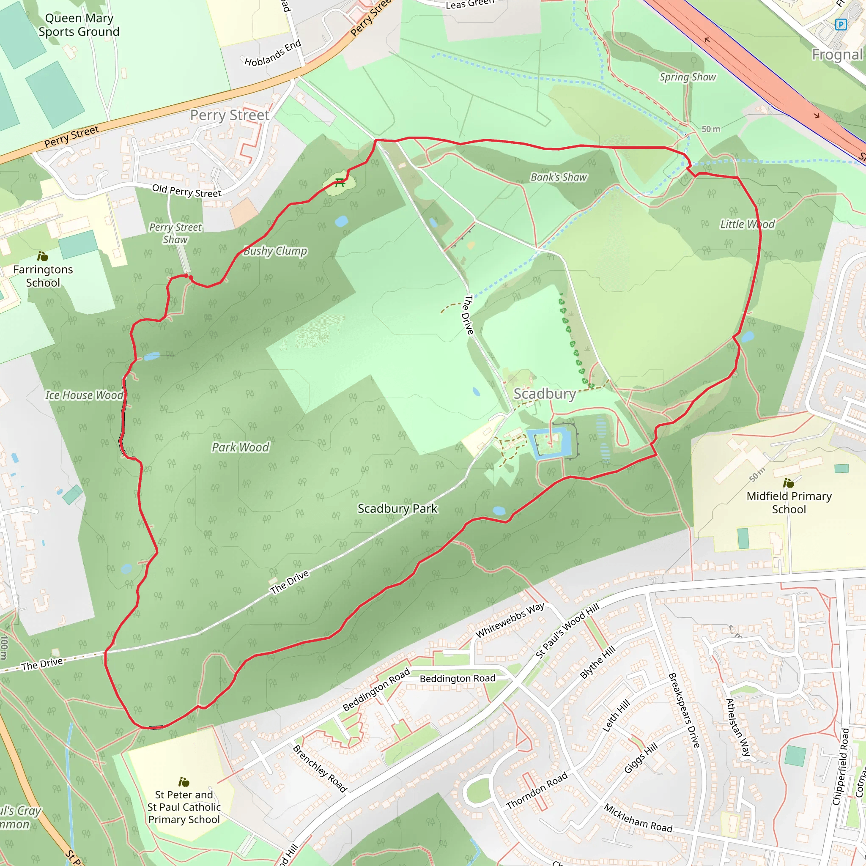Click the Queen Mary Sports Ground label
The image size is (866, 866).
click(x=79, y=25)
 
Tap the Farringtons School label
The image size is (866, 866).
click(x=43, y=276)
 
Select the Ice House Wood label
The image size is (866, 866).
click(x=84, y=395)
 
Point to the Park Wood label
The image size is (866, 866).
click(x=240, y=447)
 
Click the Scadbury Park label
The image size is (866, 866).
click(x=397, y=509)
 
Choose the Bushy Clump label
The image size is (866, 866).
click(x=275, y=251)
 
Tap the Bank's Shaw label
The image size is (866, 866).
click(x=559, y=178)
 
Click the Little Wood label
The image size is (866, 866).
click(x=747, y=224)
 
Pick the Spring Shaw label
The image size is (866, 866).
click(x=688, y=77)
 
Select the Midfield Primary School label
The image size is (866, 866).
click(x=789, y=502)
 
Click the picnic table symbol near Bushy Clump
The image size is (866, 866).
click(x=340, y=182)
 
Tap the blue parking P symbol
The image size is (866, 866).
click(x=841, y=24)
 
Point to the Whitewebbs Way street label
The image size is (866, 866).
click(x=510, y=621)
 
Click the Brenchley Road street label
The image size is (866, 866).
click(x=320, y=769)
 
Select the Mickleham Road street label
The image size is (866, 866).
click(x=638, y=818)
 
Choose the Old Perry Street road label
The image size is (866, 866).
click(x=186, y=191)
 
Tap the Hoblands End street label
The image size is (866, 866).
click(x=273, y=53)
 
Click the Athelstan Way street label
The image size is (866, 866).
click(x=738, y=727)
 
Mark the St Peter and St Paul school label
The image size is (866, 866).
click(x=184, y=807)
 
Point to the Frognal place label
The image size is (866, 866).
click(x=837, y=55)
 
